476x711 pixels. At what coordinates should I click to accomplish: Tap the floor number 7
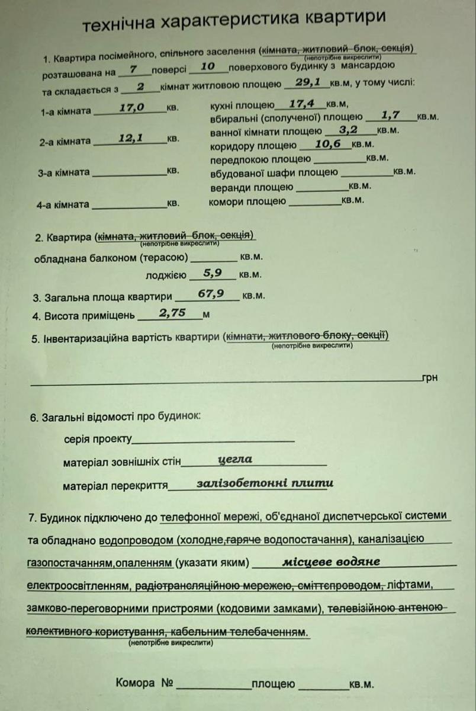[x=134, y=69]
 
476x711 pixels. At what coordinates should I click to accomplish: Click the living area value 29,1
[x=308, y=84]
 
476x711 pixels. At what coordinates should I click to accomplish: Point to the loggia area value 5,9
[x=212, y=273]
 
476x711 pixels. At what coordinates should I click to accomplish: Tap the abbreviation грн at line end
[x=430, y=377]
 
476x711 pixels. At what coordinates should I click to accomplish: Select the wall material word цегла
[x=235, y=459]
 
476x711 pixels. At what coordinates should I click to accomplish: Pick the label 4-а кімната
[x=63, y=205]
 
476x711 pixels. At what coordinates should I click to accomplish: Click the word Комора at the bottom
[x=136, y=683]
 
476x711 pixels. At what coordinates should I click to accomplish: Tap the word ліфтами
[x=413, y=585]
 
